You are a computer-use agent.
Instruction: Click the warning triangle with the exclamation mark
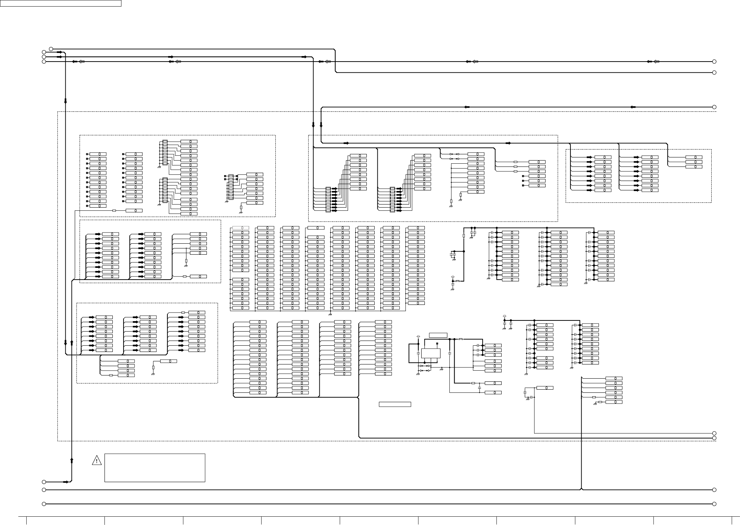coord(97,461)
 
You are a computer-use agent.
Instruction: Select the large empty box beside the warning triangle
coord(155,468)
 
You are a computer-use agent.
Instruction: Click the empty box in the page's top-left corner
coord(61,3)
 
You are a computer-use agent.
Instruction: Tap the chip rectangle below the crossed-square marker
coord(431,353)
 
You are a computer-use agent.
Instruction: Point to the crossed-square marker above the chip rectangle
coord(437,343)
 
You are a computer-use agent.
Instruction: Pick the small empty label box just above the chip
coord(438,335)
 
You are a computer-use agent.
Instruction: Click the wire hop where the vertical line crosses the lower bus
coord(582,489)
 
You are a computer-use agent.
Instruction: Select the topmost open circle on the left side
coord(51,49)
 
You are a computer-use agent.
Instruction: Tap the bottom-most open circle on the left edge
coord(44,504)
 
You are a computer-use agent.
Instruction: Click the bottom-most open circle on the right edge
coord(714,504)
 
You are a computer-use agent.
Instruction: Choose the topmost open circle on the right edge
coord(714,62)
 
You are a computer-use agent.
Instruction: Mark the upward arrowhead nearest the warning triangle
coord(72,460)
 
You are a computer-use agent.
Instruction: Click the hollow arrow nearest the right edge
coord(656,62)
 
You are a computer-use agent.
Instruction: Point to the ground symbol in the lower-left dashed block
coord(153,373)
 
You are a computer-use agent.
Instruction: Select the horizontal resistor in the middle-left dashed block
coord(184,276)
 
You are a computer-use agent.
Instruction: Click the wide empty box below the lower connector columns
coord(395,404)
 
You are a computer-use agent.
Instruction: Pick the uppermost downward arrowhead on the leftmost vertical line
coord(65,101)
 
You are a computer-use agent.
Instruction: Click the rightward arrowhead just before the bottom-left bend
coord(66,482)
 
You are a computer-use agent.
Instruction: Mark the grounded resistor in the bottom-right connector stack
coord(600,402)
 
